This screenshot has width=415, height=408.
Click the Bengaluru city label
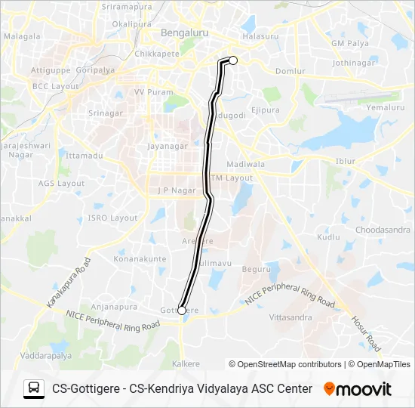click(185, 33)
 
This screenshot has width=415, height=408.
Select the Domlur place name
click(290, 72)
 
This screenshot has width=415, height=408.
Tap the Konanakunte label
click(140, 259)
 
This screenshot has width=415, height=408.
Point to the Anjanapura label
click(113, 307)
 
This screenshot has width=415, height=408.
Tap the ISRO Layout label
click(113, 218)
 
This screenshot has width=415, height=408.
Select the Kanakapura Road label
click(69, 283)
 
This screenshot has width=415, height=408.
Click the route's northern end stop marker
click(233, 60)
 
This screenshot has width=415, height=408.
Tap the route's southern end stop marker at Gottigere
click(182, 310)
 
